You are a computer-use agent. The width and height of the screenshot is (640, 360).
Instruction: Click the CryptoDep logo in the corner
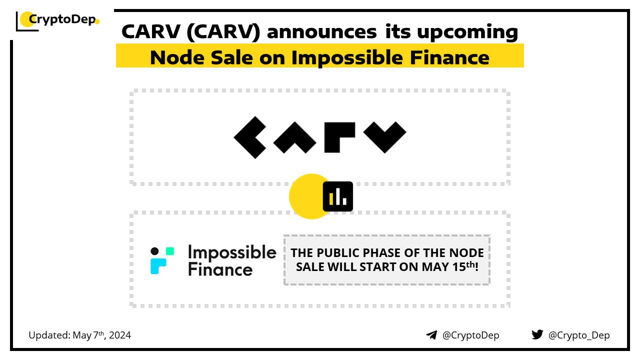pyautogui.click(x=57, y=20)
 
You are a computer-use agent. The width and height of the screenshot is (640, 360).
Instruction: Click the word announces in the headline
pyautogui.click(x=321, y=31)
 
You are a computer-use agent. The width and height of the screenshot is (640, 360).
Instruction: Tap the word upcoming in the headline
pyautogui.click(x=467, y=32)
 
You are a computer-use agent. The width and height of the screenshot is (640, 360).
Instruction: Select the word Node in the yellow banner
pyautogui.click(x=177, y=57)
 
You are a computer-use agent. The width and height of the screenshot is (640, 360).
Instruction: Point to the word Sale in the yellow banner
pyautogui.click(x=231, y=57)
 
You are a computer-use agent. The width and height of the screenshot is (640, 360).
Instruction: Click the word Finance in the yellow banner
pyautogui.click(x=449, y=57)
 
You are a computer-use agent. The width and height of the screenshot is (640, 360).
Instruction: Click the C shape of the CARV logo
pyautogui.click(x=250, y=137)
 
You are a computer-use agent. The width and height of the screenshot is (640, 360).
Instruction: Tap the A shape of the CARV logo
pyautogui.click(x=295, y=137)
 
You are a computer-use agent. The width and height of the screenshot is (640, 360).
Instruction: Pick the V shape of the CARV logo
pyautogui.click(x=384, y=137)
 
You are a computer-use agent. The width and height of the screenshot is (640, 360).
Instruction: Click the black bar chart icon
pyautogui.click(x=337, y=196)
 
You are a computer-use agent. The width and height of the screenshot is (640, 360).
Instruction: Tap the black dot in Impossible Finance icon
pyautogui.click(x=154, y=251)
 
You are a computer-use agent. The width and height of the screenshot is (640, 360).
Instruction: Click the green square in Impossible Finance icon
pyautogui.click(x=170, y=251)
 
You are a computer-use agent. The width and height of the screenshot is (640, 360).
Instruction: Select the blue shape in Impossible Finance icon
pyautogui.click(x=157, y=265)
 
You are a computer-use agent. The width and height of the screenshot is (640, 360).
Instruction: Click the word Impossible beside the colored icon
pyautogui.click(x=232, y=252)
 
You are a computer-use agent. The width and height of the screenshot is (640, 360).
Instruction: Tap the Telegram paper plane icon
pyautogui.click(x=431, y=335)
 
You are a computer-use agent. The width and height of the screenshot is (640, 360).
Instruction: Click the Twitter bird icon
pyautogui.click(x=537, y=334)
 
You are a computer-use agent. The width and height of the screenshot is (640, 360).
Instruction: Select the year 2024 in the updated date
pyautogui.click(x=120, y=335)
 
